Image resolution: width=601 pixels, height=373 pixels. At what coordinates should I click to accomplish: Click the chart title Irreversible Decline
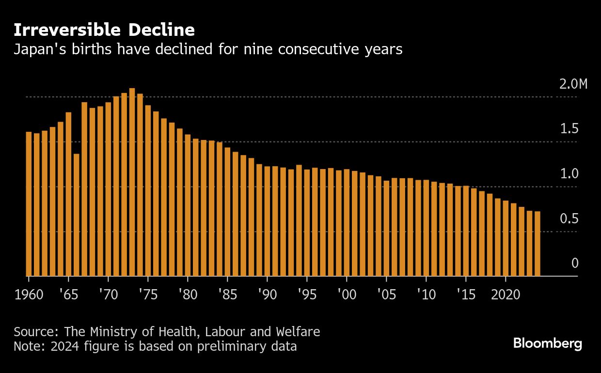[x=104, y=30]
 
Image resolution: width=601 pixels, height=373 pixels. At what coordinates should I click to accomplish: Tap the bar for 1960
[x=29, y=203]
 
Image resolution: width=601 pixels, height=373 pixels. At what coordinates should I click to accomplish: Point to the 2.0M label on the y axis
[x=573, y=84]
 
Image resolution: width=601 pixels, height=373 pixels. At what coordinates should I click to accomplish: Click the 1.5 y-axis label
[x=569, y=129]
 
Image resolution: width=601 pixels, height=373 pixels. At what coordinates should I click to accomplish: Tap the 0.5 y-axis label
[x=569, y=219]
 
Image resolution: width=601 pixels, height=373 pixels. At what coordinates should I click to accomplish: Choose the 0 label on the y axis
[x=575, y=263]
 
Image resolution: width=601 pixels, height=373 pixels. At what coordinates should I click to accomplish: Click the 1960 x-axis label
[x=29, y=295]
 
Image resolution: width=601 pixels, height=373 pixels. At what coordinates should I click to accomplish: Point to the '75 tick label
[x=148, y=295]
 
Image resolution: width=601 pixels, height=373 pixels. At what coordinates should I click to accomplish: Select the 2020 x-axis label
[x=505, y=295]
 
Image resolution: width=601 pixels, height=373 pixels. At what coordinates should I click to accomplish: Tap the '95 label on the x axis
[x=307, y=295]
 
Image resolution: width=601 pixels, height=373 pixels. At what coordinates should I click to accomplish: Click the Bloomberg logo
[x=548, y=344]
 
